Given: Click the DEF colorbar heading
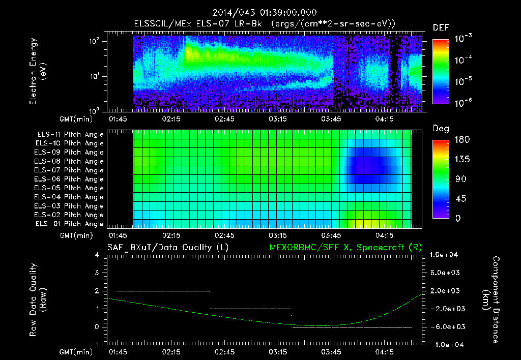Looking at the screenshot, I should pyautogui.click(x=440, y=28).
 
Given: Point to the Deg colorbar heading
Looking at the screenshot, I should pyautogui.click(x=441, y=129).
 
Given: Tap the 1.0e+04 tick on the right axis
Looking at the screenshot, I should pyautogui.click(x=445, y=255).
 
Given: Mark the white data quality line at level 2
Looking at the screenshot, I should pyautogui.click(x=163, y=291).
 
